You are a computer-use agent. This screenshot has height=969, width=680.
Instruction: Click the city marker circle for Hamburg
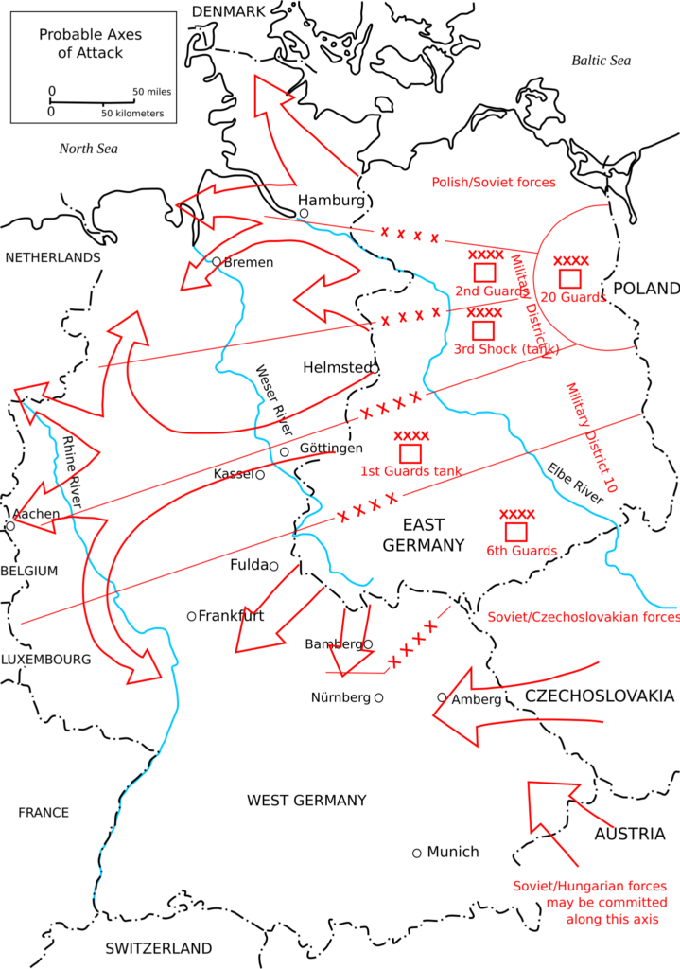(x=304, y=213)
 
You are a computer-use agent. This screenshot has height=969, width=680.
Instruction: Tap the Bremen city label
(x=249, y=263)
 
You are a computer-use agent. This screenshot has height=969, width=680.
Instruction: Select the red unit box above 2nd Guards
(x=484, y=273)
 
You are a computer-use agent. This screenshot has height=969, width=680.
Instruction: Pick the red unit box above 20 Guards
(x=570, y=279)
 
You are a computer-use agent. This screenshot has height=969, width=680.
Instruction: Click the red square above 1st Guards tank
(x=410, y=453)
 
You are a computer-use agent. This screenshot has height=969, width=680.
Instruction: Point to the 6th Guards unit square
(x=515, y=532)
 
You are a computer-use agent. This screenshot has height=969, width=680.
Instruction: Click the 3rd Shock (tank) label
(x=506, y=349)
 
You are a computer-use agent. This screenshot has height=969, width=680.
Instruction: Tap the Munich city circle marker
(x=417, y=854)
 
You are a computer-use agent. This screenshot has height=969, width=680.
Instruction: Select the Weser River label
(x=274, y=400)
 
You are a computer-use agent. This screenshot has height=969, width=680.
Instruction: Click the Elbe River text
(x=575, y=484)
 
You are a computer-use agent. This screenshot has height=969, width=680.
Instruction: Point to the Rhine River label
(x=72, y=472)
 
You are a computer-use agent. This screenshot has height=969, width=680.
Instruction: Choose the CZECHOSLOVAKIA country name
(x=599, y=696)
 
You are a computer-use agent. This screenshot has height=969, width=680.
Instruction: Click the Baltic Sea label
(x=601, y=61)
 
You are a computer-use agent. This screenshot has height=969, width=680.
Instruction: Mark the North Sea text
(x=88, y=149)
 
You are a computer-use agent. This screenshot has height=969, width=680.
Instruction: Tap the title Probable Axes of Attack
(x=90, y=44)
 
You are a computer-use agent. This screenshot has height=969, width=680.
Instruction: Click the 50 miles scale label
(x=152, y=92)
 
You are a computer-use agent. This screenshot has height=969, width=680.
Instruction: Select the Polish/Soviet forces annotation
(x=494, y=183)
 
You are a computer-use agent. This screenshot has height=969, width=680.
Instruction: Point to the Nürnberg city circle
(x=378, y=697)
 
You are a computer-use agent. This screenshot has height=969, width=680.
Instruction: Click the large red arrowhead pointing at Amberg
(x=455, y=709)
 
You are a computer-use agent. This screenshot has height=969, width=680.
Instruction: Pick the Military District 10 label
(x=592, y=437)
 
